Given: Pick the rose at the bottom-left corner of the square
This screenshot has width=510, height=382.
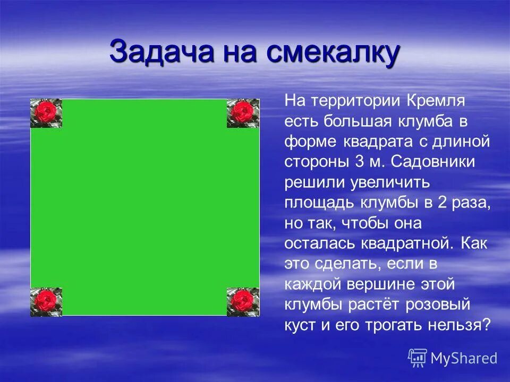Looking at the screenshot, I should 46,302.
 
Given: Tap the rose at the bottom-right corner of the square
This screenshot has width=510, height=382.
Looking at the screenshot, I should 243,302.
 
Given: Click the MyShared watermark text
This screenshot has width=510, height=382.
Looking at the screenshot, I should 463,358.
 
